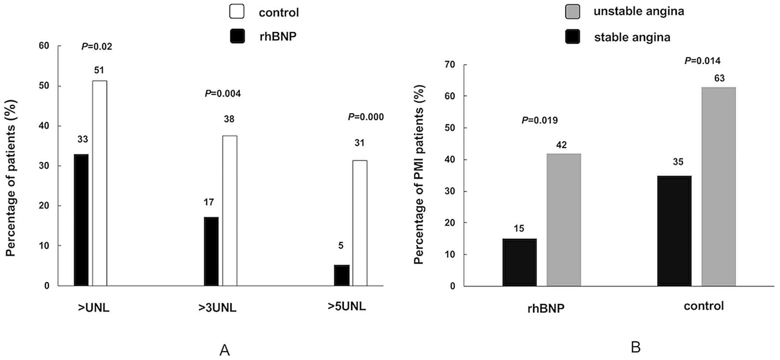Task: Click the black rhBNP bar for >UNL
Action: (x=81, y=220)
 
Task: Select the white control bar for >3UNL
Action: (x=230, y=211)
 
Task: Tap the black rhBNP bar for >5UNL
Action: (x=342, y=275)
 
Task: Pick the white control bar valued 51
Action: (x=100, y=183)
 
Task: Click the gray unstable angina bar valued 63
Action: (x=718, y=186)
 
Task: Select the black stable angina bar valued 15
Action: (x=520, y=262)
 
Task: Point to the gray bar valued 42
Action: (x=564, y=219)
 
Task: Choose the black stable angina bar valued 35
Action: (x=674, y=230)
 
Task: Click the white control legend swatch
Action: (x=237, y=12)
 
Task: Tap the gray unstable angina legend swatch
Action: (x=572, y=11)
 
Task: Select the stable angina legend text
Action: (x=632, y=37)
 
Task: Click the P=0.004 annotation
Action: (x=223, y=93)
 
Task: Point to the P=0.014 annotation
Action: (x=702, y=61)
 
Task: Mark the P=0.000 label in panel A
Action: (x=366, y=117)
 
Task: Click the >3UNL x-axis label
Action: (x=217, y=308)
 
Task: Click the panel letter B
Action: (x=635, y=347)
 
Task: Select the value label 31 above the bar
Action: (x=359, y=143)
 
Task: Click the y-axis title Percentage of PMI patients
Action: (x=419, y=174)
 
